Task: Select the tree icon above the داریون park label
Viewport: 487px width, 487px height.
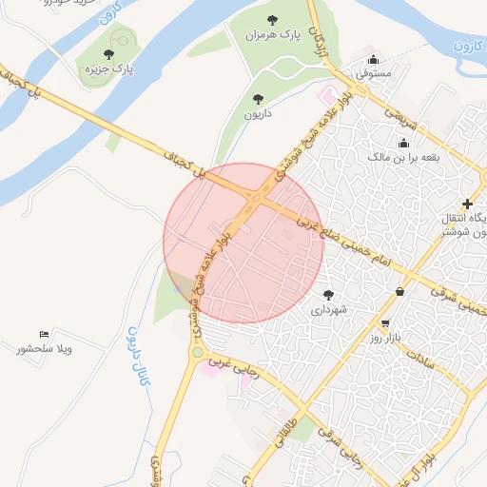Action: (x=258, y=98)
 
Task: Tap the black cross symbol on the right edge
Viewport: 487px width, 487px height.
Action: (x=467, y=203)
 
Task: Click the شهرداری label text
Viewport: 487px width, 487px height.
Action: (x=329, y=310)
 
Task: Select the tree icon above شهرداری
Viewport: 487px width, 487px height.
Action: (x=329, y=295)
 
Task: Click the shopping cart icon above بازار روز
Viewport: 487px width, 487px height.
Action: (x=385, y=323)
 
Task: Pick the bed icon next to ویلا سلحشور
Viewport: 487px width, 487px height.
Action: (x=44, y=335)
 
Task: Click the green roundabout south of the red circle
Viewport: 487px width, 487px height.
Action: (x=197, y=353)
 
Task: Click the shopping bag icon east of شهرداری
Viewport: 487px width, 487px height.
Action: (x=399, y=291)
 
